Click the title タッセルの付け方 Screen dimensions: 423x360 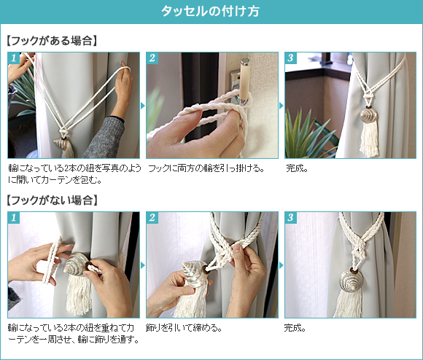coord(211,12)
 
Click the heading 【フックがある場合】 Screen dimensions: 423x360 coord(52,41)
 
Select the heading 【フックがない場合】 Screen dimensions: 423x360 coord(52,200)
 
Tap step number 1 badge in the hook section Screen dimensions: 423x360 coord(14,58)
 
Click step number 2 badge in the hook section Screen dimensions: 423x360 coord(152,58)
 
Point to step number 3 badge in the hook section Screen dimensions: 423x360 coord(291,58)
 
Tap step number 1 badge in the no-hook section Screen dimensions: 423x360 coord(14,218)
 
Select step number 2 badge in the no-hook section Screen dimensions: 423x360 coord(152,218)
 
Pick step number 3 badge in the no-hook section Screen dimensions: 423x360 coord(291,218)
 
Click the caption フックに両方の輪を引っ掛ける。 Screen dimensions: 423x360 coord(206,168)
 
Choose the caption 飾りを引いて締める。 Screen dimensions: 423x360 coord(185,328)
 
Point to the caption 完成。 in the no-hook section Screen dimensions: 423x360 coord(295,328)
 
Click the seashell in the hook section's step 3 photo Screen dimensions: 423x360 coord(368,115)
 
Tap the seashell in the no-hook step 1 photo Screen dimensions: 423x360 coord(76,265)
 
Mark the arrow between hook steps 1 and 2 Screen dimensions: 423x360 coord(143,106)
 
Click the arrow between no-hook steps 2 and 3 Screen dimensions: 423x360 coord(282,265)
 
